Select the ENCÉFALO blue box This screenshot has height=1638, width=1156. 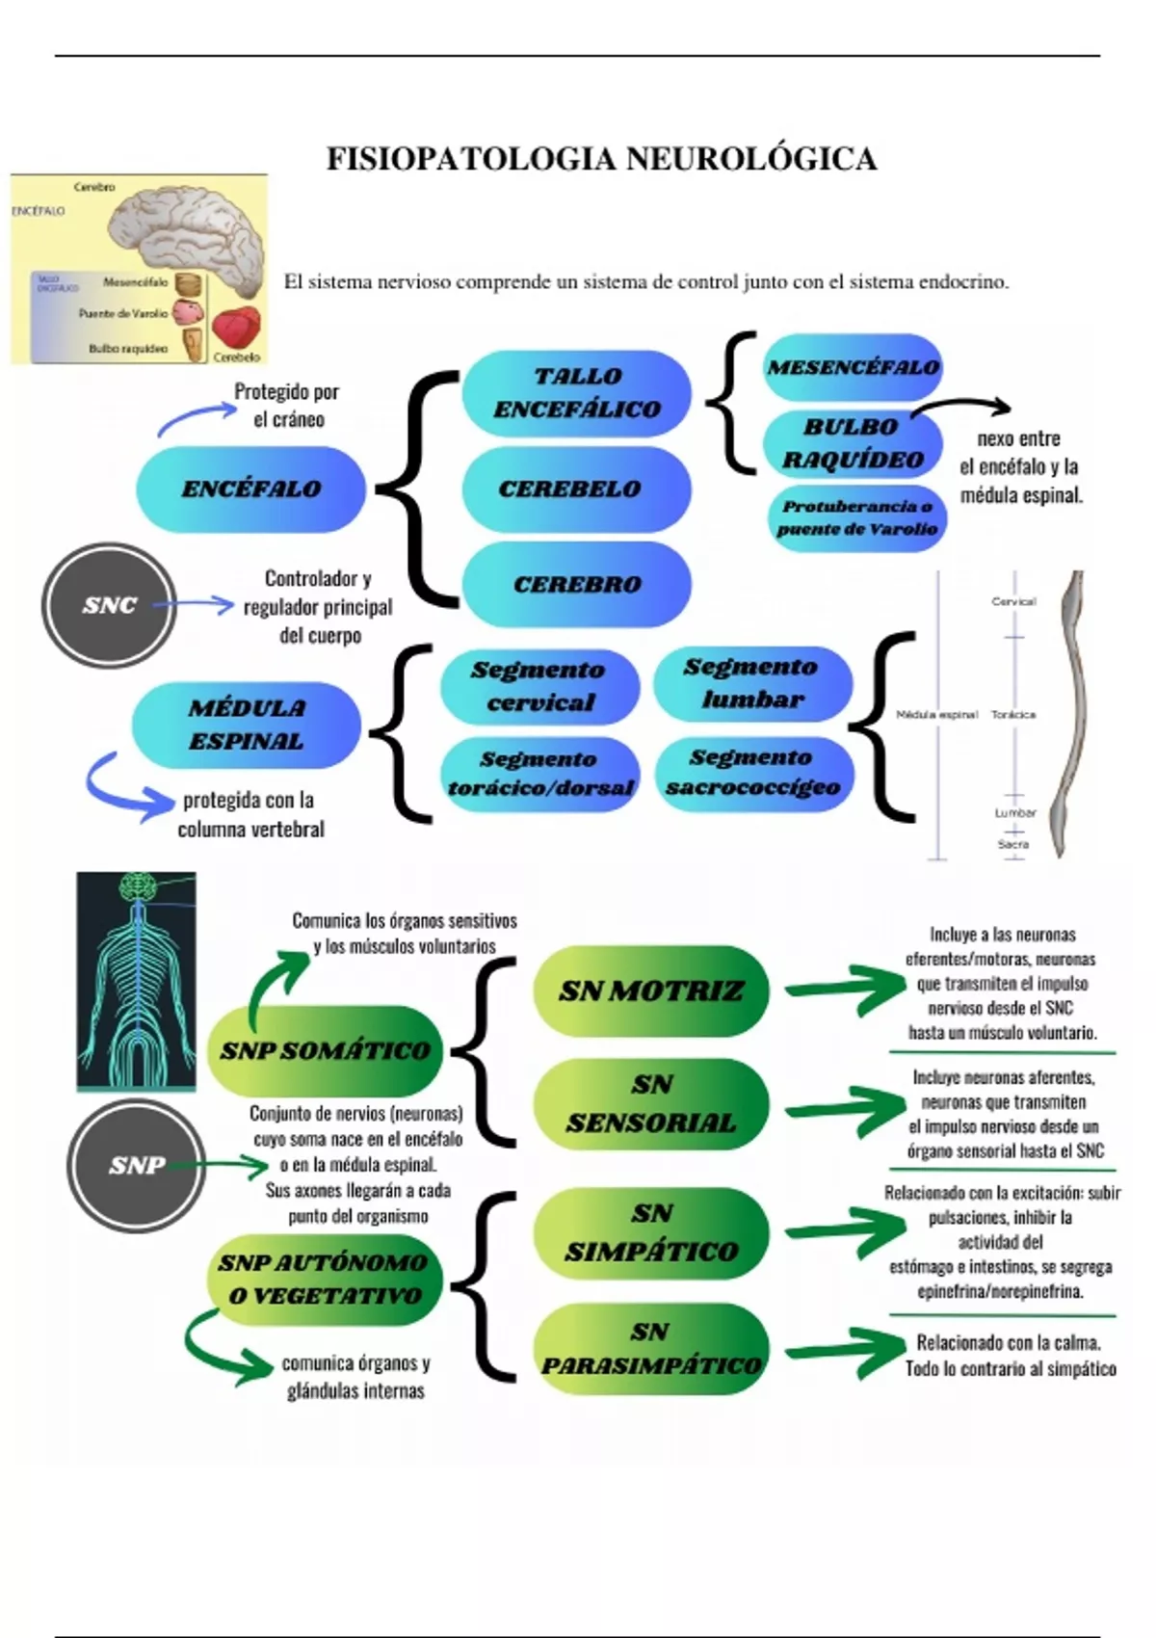click(250, 489)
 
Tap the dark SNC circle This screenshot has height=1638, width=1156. click(109, 605)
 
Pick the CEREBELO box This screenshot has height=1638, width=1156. click(576, 489)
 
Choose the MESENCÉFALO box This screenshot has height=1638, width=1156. click(853, 367)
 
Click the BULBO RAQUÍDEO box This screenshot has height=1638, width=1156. click(853, 443)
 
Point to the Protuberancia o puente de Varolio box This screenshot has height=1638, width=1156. click(857, 518)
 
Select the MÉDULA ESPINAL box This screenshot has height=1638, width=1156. click(247, 725)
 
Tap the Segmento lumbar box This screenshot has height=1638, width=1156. click(752, 683)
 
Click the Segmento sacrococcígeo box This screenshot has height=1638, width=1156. click(753, 773)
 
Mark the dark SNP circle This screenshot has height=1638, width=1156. click(137, 1166)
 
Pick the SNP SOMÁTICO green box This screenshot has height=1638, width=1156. click(325, 1050)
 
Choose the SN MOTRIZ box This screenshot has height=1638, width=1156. click(651, 991)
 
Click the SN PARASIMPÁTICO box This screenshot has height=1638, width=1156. click(651, 1349)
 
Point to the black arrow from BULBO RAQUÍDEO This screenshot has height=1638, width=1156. click(963, 407)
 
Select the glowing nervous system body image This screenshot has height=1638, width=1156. click(136, 981)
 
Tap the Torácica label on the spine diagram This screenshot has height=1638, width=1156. click(1013, 715)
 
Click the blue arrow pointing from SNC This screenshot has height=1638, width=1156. click(195, 605)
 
